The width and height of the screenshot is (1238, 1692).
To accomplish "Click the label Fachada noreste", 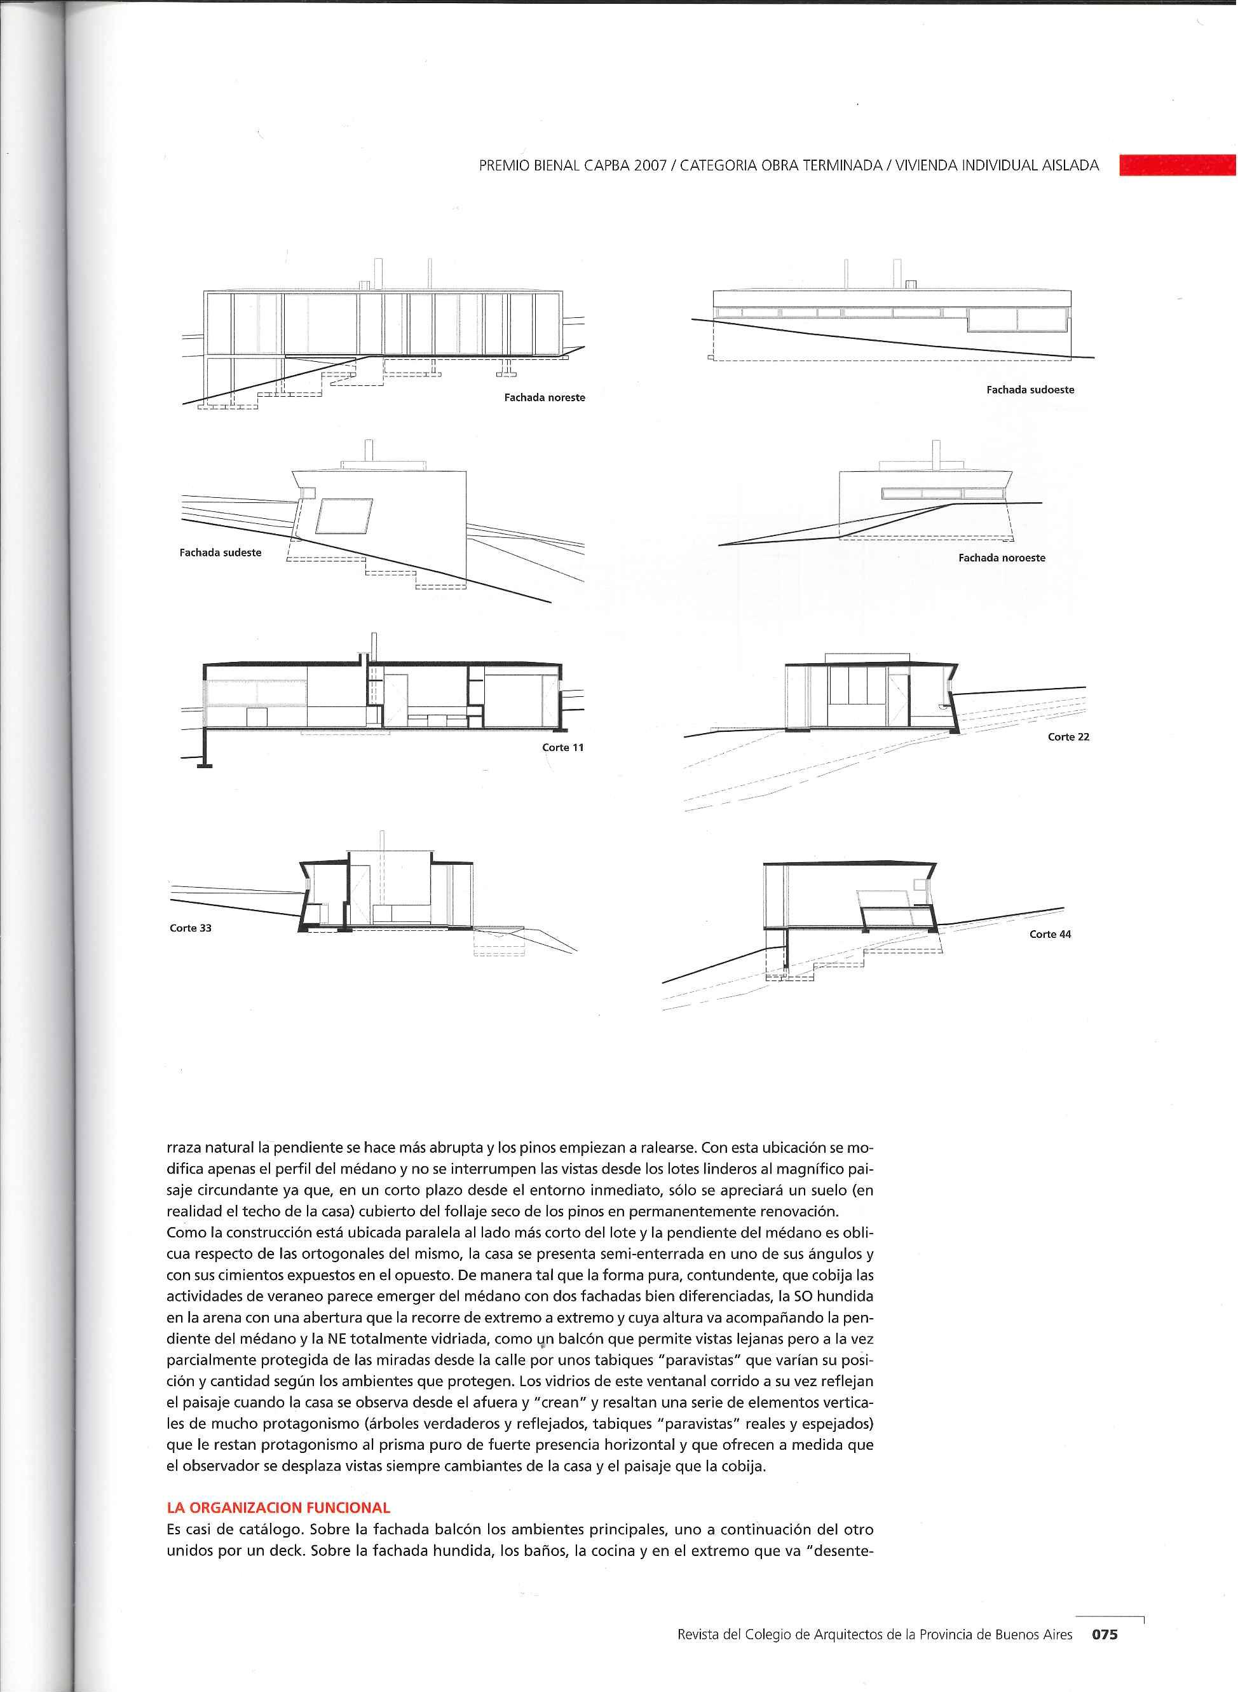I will [x=544, y=397].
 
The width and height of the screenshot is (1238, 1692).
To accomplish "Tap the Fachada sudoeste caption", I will [x=1030, y=390].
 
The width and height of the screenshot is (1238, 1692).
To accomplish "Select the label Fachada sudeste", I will [x=221, y=553].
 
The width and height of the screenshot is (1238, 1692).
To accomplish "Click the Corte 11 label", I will [x=563, y=747].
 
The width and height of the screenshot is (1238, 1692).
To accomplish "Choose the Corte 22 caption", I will [x=1068, y=737].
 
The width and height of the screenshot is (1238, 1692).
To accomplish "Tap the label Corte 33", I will [x=191, y=928].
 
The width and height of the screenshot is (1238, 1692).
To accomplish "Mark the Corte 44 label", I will [x=1050, y=934].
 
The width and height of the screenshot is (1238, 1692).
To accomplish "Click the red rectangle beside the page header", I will [x=1177, y=165].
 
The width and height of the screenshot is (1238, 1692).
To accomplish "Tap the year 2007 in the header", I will [x=650, y=167].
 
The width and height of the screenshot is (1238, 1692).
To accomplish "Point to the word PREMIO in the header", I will [x=503, y=167].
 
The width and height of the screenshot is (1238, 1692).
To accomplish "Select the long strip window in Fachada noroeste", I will [x=942, y=493].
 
